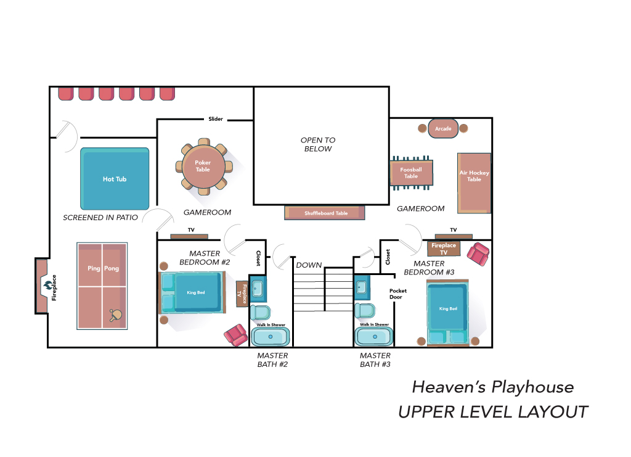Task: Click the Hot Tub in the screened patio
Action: tap(115, 178)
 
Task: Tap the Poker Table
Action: tap(204, 167)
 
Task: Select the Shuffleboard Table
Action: tap(324, 213)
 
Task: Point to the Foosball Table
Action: tap(411, 173)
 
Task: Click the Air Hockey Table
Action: tap(474, 183)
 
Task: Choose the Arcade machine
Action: tap(443, 128)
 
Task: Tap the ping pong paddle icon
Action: tap(115, 315)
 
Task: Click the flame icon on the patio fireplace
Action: tap(48, 285)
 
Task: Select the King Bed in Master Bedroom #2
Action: tap(192, 293)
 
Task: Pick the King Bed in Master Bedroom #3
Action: tap(448, 313)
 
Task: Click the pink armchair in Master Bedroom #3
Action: tap(478, 253)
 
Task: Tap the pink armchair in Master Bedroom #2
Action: tap(236, 335)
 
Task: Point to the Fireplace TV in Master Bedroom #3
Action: tap(444, 249)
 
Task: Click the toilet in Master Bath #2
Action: tap(260, 312)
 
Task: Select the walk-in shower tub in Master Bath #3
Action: tap(374, 337)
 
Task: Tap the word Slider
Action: tap(216, 119)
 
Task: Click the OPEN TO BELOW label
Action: tap(318, 144)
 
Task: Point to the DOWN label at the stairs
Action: tap(309, 265)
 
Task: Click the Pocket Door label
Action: tap(397, 294)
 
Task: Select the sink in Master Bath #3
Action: tap(361, 287)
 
